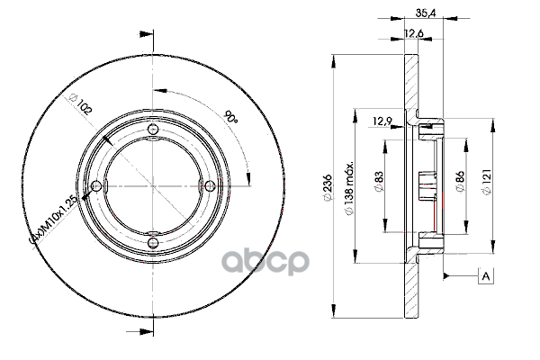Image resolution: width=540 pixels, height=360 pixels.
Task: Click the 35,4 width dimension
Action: click(x=426, y=13)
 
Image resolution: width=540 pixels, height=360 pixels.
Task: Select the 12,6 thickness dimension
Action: click(x=413, y=33)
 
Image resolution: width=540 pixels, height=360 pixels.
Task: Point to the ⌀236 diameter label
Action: click(x=328, y=187)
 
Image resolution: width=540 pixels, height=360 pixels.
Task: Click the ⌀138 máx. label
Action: click(x=349, y=187)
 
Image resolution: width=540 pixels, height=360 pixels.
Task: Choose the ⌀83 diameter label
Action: click(x=379, y=182)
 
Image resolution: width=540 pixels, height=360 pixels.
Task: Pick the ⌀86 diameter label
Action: click(x=460, y=182)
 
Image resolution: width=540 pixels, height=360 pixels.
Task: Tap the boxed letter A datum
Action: click(x=486, y=276)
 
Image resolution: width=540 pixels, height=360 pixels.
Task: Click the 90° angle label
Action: click(x=230, y=116)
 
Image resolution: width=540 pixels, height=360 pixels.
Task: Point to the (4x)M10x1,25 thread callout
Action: click(x=57, y=219)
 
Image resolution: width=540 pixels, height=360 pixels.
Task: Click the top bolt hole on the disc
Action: click(x=153, y=130)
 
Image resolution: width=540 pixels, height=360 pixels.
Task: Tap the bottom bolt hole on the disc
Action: click(x=153, y=242)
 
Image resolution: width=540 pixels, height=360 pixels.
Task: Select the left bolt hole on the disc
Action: click(x=96, y=186)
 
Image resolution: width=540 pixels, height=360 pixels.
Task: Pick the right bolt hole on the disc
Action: click(x=210, y=186)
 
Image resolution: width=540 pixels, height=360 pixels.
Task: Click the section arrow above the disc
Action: click(x=146, y=34)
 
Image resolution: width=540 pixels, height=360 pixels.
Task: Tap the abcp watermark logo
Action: click(x=265, y=262)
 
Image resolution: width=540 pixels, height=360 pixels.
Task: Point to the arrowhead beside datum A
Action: click(x=446, y=275)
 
